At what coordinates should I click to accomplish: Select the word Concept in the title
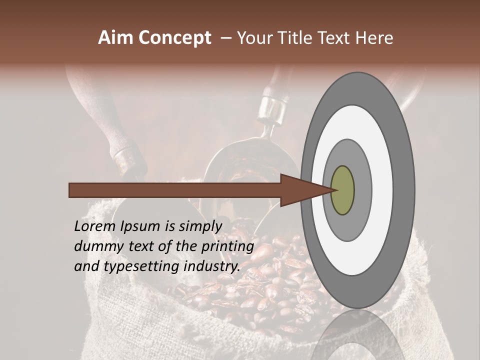(174, 38)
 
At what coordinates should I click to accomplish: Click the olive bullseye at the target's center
(342, 190)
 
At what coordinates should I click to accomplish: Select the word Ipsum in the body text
(140, 226)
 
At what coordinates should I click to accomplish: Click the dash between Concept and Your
(225, 38)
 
